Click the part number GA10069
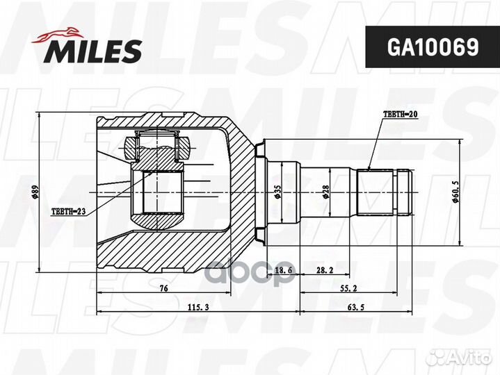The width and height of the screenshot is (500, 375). [433, 47]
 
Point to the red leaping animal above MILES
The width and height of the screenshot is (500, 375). [58, 35]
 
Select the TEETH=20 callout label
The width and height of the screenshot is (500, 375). [401, 115]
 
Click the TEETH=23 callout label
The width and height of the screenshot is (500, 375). [68, 211]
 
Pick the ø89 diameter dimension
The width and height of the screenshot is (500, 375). [35, 192]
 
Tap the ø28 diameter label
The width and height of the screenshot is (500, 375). [325, 192]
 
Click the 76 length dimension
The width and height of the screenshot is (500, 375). [163, 288]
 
